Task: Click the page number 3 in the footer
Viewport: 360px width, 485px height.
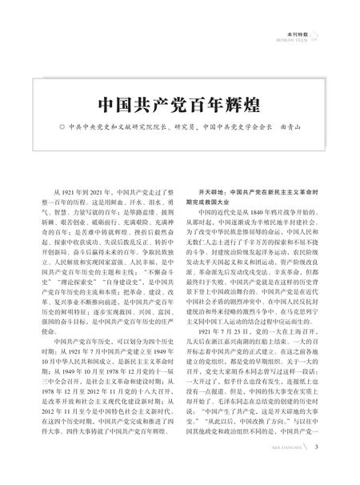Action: (x=317, y=468)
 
